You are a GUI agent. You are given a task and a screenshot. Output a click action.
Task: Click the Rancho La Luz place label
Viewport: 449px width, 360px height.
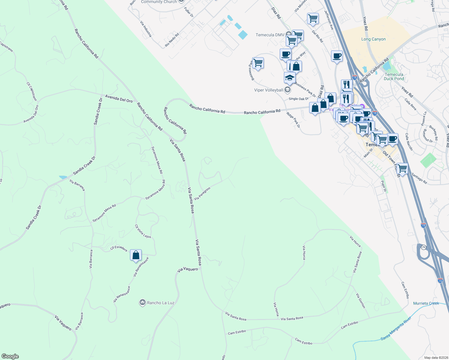click(161, 303)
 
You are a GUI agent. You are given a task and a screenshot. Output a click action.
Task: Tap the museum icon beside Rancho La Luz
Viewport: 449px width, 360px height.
click(143, 302)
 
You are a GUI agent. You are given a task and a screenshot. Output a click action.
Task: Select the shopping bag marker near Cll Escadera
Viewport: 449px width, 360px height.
click(136, 255)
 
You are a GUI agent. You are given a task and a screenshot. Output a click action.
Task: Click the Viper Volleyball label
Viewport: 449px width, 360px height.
click(269, 90)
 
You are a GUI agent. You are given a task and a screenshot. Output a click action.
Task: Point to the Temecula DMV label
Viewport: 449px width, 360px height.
click(270, 35)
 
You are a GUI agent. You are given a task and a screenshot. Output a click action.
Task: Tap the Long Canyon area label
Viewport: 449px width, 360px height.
click(373, 39)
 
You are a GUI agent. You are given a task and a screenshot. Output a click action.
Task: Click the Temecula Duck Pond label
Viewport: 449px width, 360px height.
click(394, 76)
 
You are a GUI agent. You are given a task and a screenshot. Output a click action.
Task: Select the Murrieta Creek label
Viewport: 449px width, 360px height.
click(426, 303)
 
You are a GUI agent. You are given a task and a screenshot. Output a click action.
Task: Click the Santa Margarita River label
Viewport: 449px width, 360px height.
click(396, 329)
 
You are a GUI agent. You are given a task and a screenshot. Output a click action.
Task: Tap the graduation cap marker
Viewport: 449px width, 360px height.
click(290, 78)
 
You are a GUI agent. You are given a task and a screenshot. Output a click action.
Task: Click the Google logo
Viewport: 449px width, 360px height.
click(10, 356)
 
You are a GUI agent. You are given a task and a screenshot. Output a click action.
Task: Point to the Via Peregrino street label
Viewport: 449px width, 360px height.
click(202, 193)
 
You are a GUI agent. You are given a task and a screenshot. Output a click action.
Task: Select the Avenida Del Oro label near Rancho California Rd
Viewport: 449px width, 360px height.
click(119, 98)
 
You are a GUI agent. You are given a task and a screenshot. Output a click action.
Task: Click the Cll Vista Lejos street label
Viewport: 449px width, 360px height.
click(143, 231)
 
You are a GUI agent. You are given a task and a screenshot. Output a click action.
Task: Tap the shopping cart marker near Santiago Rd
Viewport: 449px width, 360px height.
click(402, 169)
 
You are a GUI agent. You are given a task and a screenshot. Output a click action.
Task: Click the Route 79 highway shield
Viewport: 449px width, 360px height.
click(423, 247)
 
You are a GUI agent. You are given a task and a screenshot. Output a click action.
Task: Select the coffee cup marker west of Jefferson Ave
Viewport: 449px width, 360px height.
click(285, 54)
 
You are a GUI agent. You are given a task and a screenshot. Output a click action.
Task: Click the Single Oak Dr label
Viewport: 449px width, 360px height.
click(298, 99)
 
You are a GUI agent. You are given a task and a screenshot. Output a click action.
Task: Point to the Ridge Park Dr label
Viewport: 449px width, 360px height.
click(293, 120)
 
